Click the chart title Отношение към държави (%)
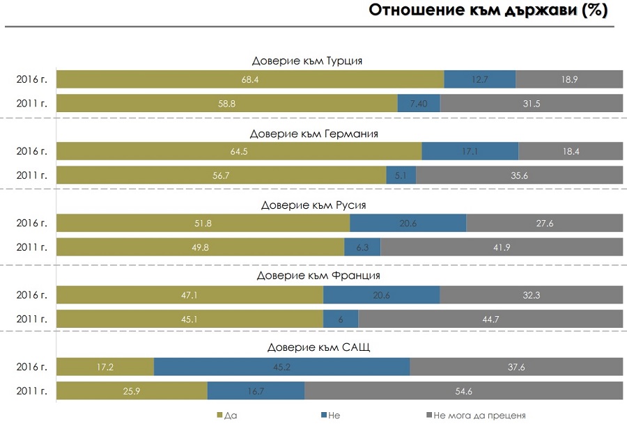tap(488, 11)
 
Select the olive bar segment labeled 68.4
tap(250, 79)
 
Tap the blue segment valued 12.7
tap(479, 79)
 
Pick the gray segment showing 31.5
tap(532, 103)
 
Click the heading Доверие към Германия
tap(313, 133)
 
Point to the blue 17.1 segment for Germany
tap(470, 151)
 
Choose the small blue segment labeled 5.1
tap(401, 175)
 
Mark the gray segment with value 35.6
tap(519, 175)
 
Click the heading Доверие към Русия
tap(313, 205)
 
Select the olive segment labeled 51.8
tap(203, 223)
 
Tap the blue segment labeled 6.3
tap(362, 247)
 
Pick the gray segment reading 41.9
tap(502, 247)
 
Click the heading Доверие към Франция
tap(313, 276)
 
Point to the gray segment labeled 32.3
tap(531, 295)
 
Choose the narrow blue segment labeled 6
tap(341, 319)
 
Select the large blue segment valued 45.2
tap(281, 367)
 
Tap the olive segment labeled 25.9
tap(132, 391)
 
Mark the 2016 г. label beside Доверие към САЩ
tap(32, 367)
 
